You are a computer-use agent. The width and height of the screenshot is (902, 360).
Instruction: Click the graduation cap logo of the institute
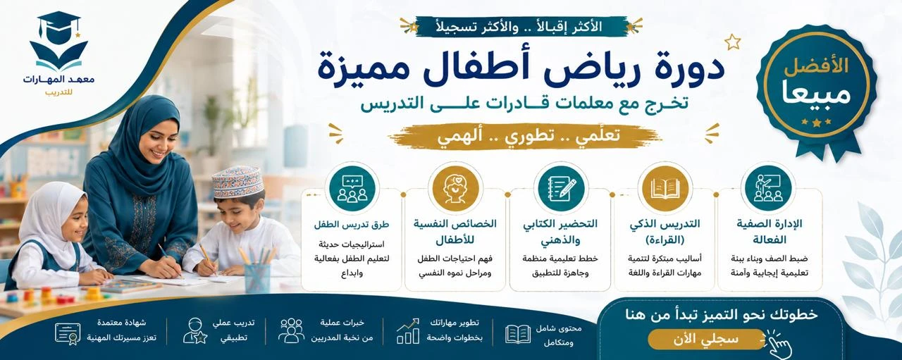point(58,41)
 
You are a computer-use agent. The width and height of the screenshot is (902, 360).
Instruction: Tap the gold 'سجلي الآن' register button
point(707,339)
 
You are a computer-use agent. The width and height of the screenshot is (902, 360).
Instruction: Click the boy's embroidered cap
point(237,182)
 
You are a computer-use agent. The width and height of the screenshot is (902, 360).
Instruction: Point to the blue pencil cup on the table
point(257,278)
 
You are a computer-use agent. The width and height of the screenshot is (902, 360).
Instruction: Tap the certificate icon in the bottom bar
point(68,333)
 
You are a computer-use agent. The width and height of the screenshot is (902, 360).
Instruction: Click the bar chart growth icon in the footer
point(407,331)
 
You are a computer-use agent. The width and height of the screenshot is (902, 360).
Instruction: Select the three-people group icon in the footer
point(291,330)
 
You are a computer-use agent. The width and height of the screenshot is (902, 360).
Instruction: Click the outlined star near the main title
point(732,42)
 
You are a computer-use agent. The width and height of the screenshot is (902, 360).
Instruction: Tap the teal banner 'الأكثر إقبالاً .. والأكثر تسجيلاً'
point(521,27)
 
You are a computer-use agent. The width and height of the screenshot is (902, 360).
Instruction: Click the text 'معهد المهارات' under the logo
point(58,80)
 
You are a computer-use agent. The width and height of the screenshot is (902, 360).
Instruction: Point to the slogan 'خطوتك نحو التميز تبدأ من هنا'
point(722,314)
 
